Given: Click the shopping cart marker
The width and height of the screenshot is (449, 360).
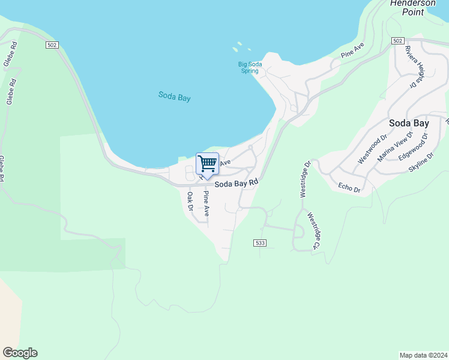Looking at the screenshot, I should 207,163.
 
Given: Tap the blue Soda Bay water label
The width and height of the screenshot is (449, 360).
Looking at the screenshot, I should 175,96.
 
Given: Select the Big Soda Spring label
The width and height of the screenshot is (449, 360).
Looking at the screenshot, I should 249,67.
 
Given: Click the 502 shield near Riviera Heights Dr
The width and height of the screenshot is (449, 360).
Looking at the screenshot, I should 397,40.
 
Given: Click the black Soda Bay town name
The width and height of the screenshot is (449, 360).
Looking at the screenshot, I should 409,123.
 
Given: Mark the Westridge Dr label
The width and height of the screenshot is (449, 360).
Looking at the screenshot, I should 304,179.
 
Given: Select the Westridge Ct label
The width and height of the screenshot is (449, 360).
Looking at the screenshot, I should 313,231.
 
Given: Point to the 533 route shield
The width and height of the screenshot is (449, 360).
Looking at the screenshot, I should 259,242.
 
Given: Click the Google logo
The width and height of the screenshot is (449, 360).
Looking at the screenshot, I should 20,353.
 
